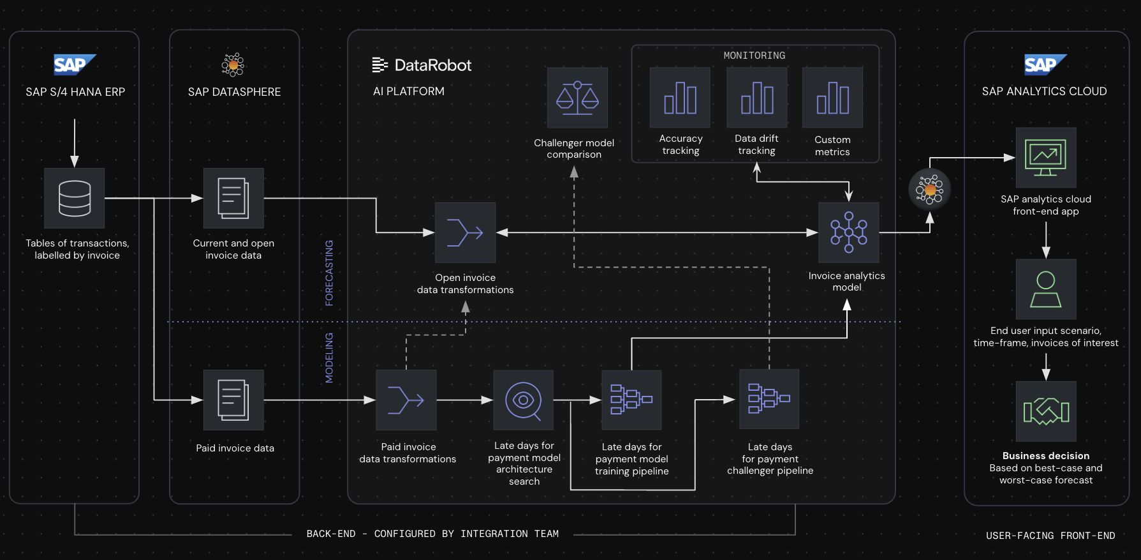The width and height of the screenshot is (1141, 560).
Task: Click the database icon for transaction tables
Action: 74,198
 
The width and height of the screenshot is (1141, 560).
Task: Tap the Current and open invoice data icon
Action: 233,198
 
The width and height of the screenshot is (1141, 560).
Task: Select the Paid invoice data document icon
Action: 233,400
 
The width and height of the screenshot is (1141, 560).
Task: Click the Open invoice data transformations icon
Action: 465,232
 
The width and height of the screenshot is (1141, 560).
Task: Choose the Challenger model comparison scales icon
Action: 577,98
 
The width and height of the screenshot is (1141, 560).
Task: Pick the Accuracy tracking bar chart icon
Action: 680,98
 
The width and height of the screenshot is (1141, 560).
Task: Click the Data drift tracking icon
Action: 756,98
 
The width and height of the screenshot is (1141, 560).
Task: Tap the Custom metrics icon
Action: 832,98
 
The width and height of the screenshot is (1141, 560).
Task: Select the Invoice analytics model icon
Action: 848,232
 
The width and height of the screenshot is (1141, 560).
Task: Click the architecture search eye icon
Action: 523,400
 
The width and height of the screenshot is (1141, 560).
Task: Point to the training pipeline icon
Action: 631,400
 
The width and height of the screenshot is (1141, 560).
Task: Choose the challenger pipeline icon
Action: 769,399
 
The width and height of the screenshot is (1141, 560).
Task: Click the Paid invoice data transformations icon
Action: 406,400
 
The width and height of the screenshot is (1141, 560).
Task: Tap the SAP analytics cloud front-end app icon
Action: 1045,157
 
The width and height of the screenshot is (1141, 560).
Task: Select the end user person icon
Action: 1045,289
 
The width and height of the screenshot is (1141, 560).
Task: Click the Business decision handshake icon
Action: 1045,411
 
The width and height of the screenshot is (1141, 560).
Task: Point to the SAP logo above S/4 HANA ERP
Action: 75,64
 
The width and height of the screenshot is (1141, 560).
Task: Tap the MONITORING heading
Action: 754,56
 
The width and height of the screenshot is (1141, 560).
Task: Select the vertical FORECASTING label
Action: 329,273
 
